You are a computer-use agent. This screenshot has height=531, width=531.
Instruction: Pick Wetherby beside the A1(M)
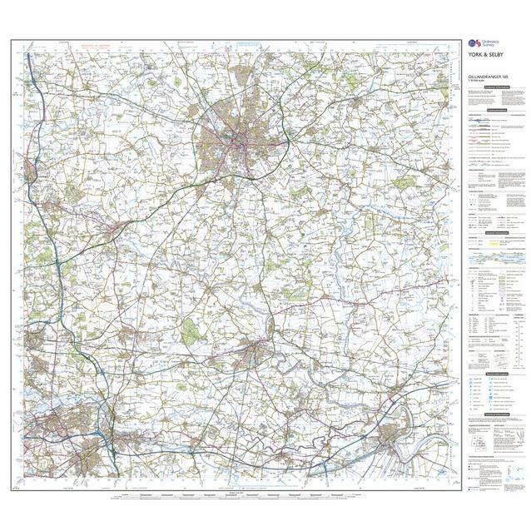(x=33, y=166)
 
